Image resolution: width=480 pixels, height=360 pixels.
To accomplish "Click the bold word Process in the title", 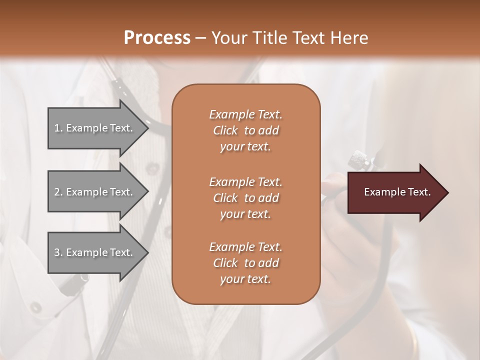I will pos(157,37).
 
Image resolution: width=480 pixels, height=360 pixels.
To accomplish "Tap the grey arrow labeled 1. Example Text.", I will pos(95,128).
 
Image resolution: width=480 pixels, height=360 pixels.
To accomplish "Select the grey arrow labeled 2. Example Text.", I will pos(95,192).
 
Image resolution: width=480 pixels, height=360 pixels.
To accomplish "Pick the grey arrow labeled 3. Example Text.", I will pos(95,252).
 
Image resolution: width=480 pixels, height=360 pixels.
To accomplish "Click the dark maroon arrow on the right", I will pos(395,192).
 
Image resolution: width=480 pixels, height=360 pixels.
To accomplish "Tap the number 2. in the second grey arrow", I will pos(58,192).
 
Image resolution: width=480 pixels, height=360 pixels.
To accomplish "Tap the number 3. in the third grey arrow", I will pos(58,252).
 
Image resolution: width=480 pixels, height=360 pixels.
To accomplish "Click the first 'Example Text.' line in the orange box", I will pos(245,114).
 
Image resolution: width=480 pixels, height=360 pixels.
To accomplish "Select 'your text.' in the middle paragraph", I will pos(245,214).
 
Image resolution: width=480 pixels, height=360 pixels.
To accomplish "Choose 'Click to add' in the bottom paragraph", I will pos(245,263).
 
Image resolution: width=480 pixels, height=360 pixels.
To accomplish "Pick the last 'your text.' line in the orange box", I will pos(245,279).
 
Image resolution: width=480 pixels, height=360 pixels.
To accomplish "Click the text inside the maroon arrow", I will pos(397,192).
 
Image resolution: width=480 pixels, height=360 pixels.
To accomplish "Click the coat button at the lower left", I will pos(36,307).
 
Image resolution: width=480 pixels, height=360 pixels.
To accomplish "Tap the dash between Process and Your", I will pos(200,38).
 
